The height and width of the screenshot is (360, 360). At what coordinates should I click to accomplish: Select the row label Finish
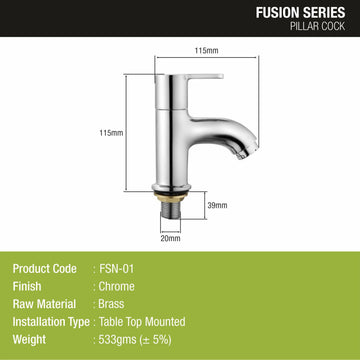click(x=27, y=288)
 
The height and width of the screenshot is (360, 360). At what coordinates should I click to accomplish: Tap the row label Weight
click(x=30, y=343)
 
